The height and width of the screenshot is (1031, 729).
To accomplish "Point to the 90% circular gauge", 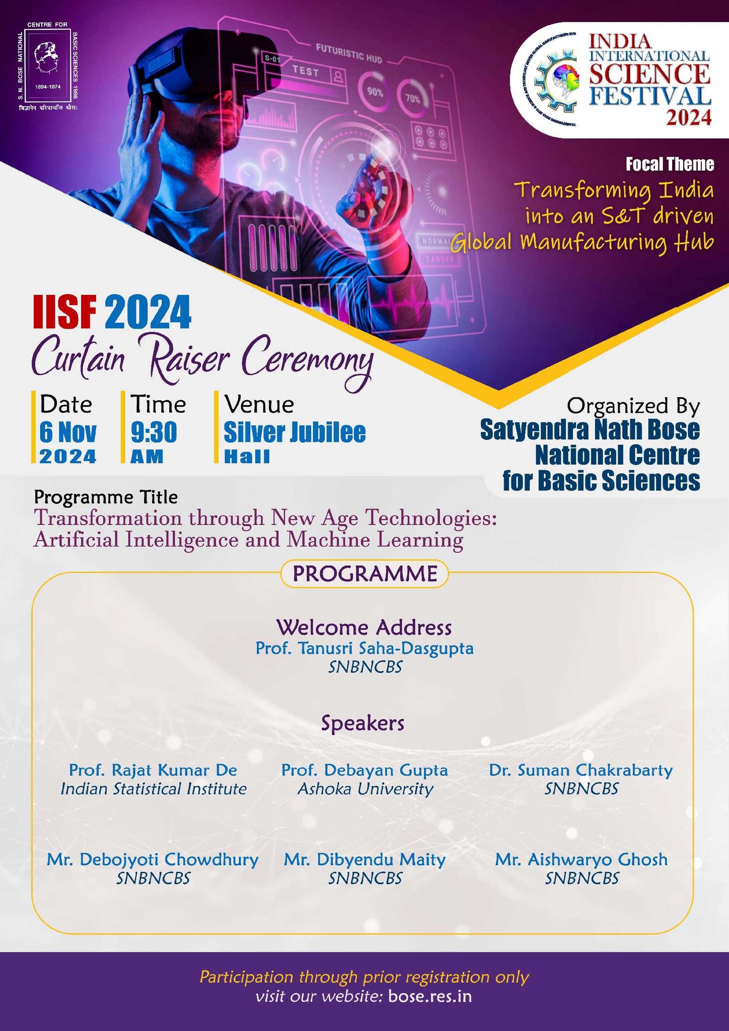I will click(375, 93).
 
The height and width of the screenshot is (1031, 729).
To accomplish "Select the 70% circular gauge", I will click(412, 99).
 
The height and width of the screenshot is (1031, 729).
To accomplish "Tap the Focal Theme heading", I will click(670, 164).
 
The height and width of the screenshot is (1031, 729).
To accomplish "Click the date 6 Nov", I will click(68, 432).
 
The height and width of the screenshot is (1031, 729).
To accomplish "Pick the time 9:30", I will click(154, 432).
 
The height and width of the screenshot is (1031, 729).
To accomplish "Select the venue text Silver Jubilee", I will click(295, 432).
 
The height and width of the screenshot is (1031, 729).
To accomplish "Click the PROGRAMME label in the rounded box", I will click(364, 574).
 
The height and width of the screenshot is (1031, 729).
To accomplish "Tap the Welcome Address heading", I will click(364, 627).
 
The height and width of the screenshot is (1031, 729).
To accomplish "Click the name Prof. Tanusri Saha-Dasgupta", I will click(364, 648).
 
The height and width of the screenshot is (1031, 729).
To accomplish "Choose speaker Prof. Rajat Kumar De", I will click(153, 770).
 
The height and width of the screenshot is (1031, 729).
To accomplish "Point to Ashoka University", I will click(365, 789).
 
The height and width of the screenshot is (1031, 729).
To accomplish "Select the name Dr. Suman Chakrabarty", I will click(581, 770).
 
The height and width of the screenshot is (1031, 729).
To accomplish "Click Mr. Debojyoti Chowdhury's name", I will click(153, 859).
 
